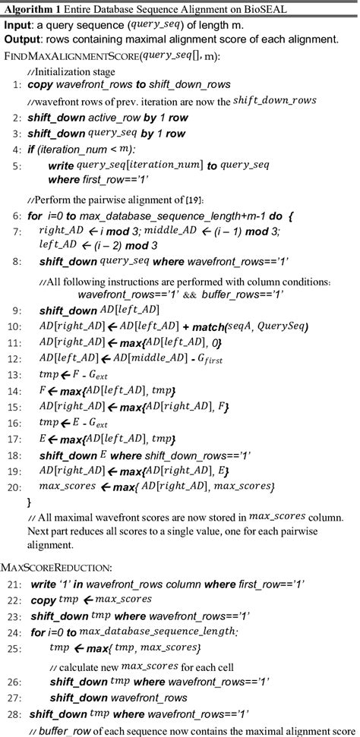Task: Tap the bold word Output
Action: point(23,37)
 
